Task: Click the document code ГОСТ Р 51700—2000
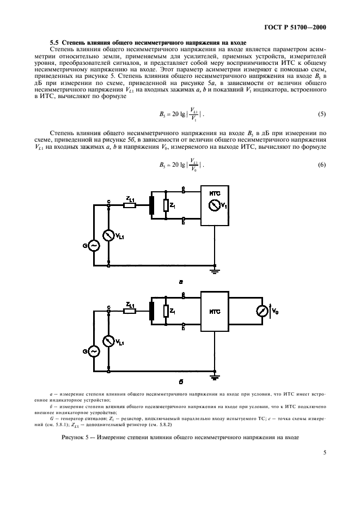295,27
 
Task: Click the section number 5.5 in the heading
54,42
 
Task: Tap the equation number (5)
322,114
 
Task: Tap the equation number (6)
322,165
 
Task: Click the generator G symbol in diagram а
94,246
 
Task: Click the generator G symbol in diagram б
94,351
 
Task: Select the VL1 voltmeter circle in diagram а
108,235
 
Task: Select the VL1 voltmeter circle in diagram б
108,341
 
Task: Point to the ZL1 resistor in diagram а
130,205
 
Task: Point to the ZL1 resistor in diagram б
130,311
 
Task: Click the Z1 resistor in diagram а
166,205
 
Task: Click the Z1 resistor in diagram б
166,311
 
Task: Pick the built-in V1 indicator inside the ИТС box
215,205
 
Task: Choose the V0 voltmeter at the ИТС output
263,311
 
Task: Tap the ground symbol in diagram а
214,268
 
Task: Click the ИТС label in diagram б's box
215,312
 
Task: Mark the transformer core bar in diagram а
151,205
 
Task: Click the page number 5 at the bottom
325,452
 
